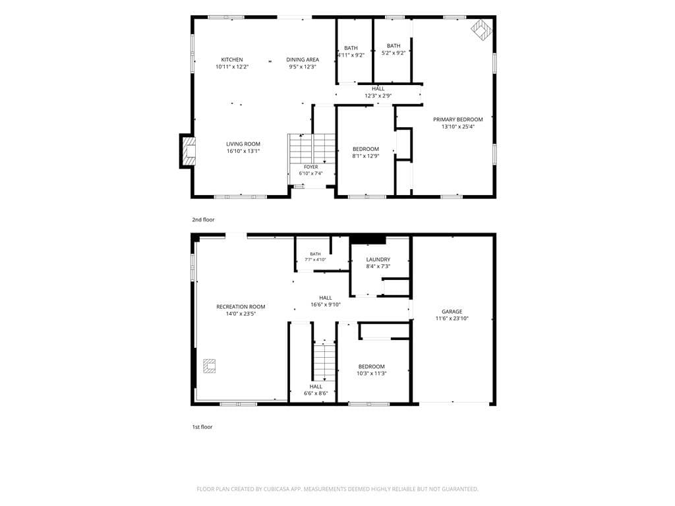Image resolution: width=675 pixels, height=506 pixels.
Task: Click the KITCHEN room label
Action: click(232, 60)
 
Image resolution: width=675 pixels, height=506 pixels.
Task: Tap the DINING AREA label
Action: click(303, 60)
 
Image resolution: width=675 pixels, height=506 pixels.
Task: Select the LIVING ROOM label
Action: click(243, 144)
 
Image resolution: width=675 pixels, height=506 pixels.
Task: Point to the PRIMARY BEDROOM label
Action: click(458, 120)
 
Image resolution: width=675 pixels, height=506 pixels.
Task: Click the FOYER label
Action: click(311, 167)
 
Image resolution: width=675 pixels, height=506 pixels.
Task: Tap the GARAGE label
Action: click(452, 312)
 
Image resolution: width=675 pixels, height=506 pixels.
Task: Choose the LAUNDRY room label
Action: click(378, 260)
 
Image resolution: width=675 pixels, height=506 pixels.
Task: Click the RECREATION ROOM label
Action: click(241, 307)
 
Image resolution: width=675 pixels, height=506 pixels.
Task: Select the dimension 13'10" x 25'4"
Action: click(458, 127)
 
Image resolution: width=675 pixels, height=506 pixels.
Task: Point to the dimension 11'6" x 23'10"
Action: click(452, 319)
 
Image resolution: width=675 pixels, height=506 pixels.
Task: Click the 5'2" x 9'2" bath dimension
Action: click(394, 53)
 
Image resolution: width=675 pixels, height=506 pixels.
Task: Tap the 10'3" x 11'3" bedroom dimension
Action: click(372, 374)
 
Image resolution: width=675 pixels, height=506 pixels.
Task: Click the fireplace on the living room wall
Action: click(189, 151)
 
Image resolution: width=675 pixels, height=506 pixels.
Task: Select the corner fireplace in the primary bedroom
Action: click(481, 30)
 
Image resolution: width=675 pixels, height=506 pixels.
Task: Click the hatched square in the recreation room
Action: click(209, 366)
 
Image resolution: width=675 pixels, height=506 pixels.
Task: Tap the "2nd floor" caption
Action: click(203, 220)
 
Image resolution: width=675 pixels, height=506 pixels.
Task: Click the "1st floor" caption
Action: click(202, 427)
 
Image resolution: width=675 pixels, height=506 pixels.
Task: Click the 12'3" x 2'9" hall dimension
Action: click(378, 96)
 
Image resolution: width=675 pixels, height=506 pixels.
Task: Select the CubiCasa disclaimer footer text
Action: click(337, 490)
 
